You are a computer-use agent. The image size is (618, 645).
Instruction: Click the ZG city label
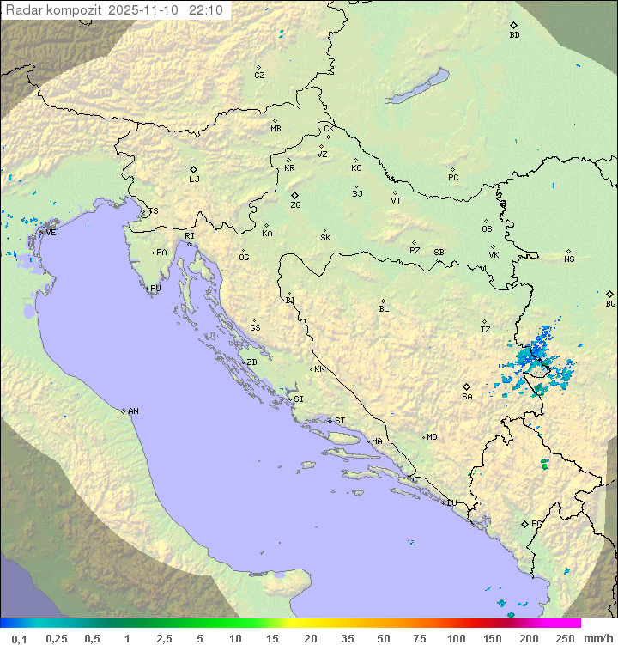295,205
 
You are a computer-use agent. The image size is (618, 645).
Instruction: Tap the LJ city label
194,180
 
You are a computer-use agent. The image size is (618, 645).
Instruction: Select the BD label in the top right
514,35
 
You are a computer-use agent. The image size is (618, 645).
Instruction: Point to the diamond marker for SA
466,386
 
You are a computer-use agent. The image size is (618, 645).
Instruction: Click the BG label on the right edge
610,303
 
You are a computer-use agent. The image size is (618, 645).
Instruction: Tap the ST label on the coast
340,421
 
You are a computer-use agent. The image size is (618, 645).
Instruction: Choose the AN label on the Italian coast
133,411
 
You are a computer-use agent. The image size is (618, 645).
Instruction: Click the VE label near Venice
51,233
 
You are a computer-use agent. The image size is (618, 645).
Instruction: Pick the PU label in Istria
155,289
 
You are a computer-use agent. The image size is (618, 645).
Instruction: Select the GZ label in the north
259,76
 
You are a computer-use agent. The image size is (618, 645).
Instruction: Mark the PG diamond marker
524,523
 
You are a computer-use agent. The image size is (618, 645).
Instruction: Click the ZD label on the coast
251,362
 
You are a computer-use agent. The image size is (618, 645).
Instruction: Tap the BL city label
384,309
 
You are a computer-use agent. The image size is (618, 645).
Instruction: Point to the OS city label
487,229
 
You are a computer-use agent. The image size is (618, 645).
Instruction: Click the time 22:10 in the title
207,10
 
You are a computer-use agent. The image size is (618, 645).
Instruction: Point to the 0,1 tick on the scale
18,638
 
